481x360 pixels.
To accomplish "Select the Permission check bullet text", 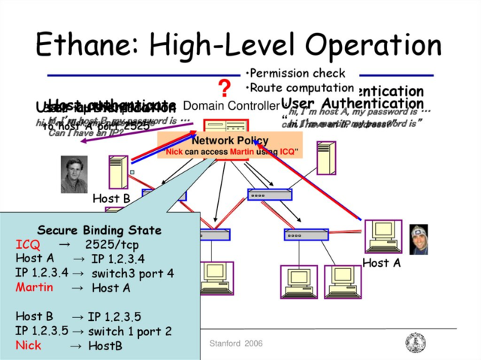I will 296,74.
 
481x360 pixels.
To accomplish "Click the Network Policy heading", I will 229,141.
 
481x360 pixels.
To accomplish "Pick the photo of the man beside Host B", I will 74,174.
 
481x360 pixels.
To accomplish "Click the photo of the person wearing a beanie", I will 419,239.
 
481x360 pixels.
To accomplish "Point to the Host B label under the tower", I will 111,198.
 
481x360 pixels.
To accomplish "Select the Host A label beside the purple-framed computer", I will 381,262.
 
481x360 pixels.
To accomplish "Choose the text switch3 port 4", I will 132,274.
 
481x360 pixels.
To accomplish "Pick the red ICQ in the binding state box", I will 28,244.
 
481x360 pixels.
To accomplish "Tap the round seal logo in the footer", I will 415,343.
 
